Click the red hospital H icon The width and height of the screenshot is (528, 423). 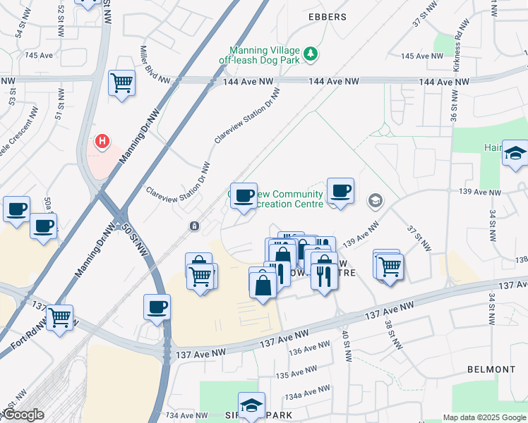point(103,142)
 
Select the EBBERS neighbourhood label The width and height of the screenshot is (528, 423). point(328,17)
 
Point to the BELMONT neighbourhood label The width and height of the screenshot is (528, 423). point(491,369)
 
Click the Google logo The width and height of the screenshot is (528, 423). point(23,415)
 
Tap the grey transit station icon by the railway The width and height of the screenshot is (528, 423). point(194,226)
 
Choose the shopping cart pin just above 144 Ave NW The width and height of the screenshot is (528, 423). point(121,82)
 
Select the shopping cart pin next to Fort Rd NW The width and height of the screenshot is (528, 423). point(60,319)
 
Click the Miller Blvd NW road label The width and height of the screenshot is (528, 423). point(152,64)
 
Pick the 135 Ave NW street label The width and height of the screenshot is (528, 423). point(296,372)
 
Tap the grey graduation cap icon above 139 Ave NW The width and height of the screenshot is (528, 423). point(374,202)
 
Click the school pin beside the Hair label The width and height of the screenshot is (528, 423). point(515,154)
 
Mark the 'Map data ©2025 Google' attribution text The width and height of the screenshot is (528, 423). point(484,417)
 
